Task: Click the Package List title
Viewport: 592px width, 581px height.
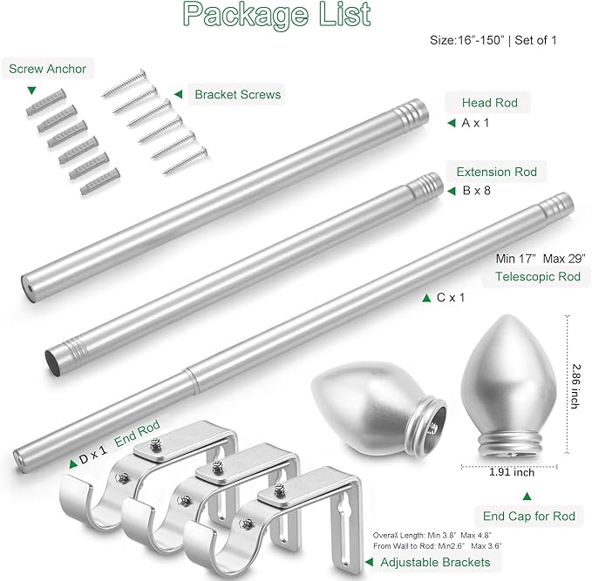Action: pyautogui.click(x=276, y=15)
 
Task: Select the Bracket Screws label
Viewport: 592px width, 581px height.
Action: pyautogui.click(x=238, y=94)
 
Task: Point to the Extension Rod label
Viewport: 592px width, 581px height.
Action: pyautogui.click(x=496, y=172)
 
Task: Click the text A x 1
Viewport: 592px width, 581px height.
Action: pyautogui.click(x=475, y=124)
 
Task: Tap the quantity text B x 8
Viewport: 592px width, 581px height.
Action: pyautogui.click(x=476, y=190)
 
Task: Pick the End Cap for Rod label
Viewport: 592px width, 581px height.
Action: pyautogui.click(x=529, y=517)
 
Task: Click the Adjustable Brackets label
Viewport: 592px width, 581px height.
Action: pyautogui.click(x=437, y=563)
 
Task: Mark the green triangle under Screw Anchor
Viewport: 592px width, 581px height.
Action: pyautogui.click(x=32, y=90)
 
